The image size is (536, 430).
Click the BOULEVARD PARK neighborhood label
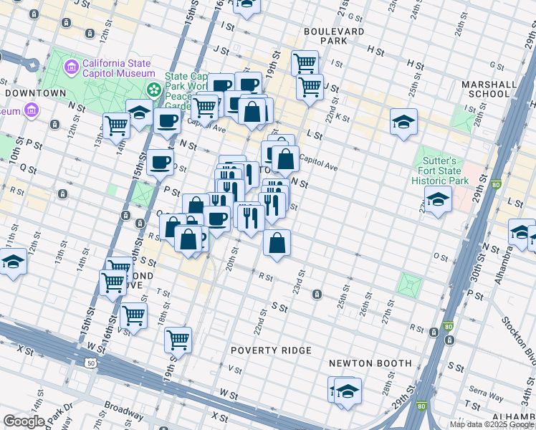(x=333, y=37)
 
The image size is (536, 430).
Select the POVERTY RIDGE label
(x=271, y=350)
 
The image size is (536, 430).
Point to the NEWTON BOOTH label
(x=370, y=363)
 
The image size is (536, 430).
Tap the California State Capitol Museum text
(x=119, y=68)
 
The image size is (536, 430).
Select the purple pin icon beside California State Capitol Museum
(x=71, y=68)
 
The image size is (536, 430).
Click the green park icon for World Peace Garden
(x=153, y=90)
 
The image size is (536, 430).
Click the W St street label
(x=229, y=394)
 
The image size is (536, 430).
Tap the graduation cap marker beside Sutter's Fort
(x=437, y=200)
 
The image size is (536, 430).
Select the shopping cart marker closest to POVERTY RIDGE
(x=178, y=340)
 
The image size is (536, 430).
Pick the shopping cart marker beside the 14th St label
(x=116, y=125)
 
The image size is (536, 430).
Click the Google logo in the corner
(x=24, y=421)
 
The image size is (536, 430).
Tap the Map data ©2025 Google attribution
(x=491, y=424)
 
